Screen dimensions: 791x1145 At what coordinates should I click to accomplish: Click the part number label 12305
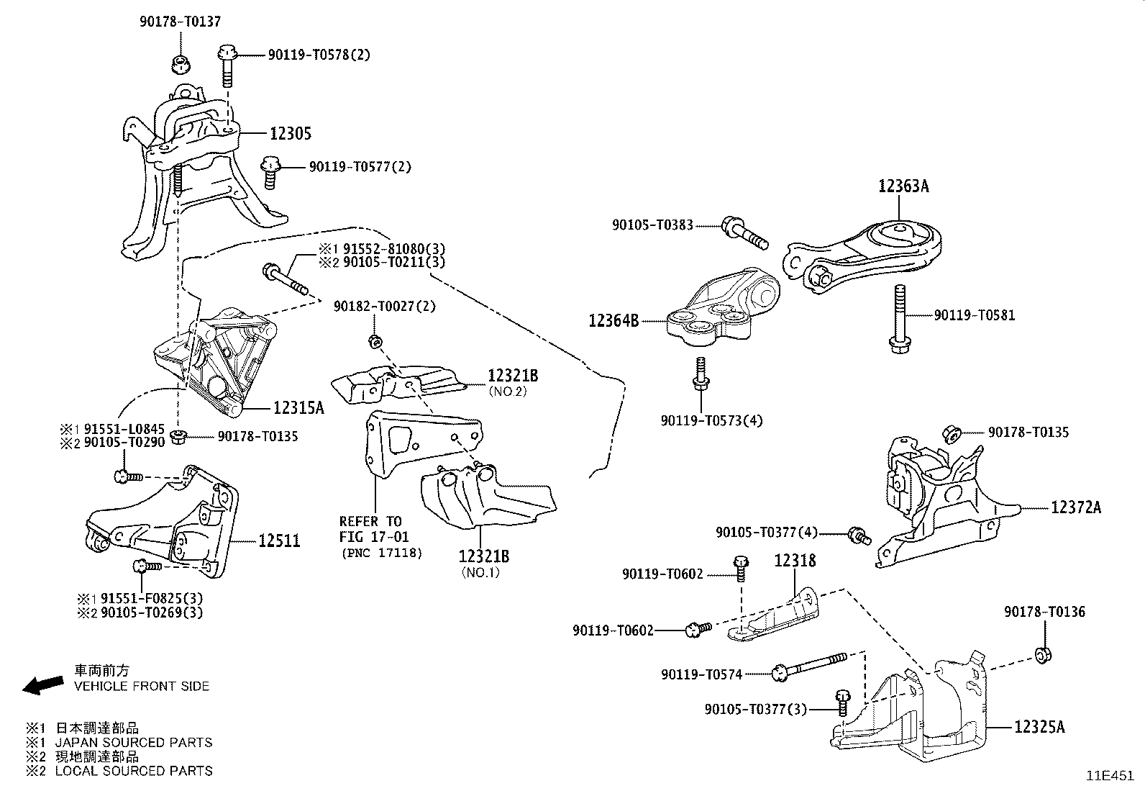[291, 134]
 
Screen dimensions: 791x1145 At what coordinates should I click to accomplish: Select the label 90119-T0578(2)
[319, 55]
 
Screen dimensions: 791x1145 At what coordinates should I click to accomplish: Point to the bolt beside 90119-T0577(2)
[271, 171]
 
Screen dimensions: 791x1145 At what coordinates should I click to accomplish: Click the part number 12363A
[903, 186]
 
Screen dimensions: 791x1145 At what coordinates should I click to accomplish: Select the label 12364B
[613, 321]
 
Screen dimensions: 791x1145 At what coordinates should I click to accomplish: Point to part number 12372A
[1075, 508]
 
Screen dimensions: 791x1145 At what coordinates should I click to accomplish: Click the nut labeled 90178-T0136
[1042, 655]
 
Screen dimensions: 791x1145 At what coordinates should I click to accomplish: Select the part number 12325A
[1039, 727]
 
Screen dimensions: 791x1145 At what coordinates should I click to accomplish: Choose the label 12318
[795, 561]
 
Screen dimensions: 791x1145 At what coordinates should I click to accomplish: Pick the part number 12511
[279, 541]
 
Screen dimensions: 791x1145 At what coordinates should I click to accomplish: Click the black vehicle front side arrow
[42, 684]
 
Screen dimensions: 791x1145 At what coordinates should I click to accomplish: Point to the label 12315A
[298, 408]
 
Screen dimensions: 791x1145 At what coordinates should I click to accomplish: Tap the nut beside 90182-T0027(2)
[373, 340]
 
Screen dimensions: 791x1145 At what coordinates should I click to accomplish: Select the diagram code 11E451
[1110, 777]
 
